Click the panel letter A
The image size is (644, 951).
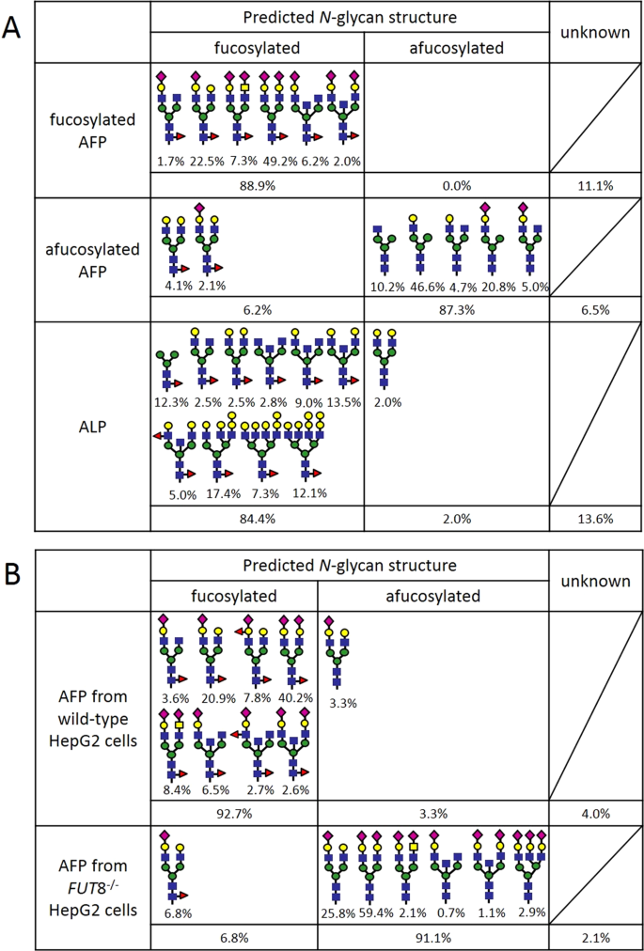click(x=13, y=25)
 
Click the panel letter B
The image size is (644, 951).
click(x=13, y=573)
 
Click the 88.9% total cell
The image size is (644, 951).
click(x=255, y=185)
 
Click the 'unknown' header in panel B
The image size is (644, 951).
click(x=594, y=581)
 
